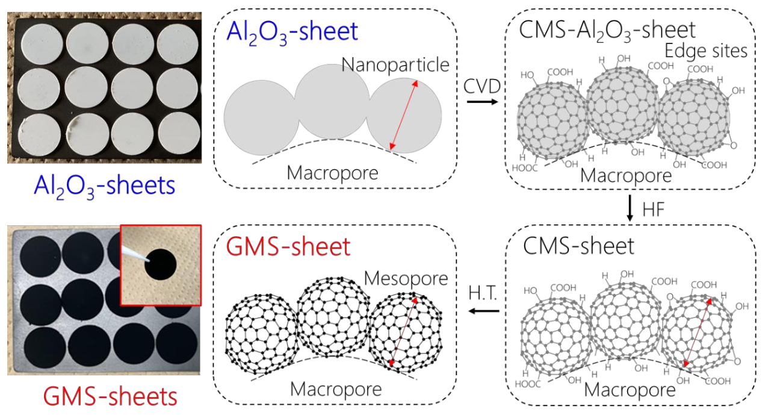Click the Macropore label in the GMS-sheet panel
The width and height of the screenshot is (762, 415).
[x=336, y=389]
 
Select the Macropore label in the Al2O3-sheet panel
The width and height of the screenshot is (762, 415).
[x=332, y=173]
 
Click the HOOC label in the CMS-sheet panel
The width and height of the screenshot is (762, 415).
[x=527, y=384]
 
